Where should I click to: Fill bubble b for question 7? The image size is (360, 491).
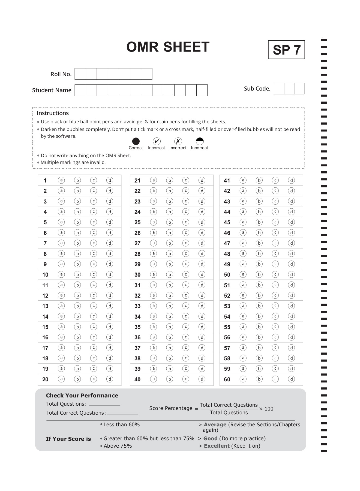pos(77,243)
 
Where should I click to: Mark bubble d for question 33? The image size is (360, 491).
pos(202,306)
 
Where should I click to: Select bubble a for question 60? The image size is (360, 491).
pos(243,379)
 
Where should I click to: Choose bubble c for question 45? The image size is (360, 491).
pos(275,222)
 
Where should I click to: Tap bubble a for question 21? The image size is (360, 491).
pos(154,180)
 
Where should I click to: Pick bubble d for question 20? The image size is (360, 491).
pos(110,379)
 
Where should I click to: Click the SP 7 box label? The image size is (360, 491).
pos(286,50)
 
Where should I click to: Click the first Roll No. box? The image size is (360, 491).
pos(80,74)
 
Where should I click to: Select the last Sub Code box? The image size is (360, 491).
pos(299,89)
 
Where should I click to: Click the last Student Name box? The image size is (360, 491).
pos(202,90)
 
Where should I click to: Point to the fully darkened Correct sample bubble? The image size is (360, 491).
pos(136,141)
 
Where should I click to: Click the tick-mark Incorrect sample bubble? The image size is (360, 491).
pos(157,141)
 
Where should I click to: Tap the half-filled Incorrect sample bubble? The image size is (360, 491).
pos(200,141)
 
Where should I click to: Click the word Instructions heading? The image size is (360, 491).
pos(53,113)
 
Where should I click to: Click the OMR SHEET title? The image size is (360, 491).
pos(168,47)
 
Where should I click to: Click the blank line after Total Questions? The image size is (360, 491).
pos(104,404)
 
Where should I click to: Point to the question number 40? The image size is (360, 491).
pos(137,379)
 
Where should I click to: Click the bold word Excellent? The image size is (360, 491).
pos(217,446)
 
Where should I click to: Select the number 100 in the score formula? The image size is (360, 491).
pos(269,409)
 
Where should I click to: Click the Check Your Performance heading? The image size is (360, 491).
pos(82,396)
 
